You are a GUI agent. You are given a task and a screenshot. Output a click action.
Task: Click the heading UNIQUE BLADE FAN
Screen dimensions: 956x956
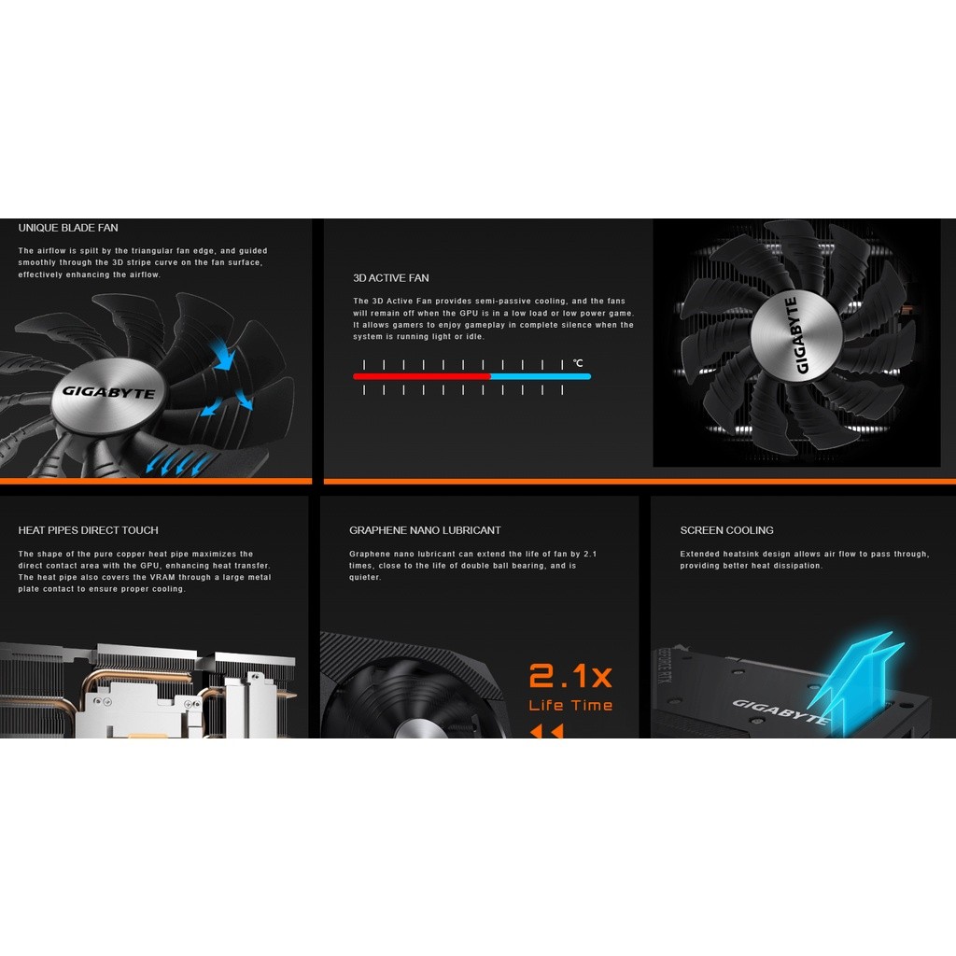pyautogui.click(x=68, y=228)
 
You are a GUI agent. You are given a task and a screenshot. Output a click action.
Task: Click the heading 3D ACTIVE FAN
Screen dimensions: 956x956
pyautogui.click(x=391, y=278)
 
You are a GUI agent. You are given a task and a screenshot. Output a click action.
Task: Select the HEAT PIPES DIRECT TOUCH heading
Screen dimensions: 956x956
pyautogui.click(x=89, y=530)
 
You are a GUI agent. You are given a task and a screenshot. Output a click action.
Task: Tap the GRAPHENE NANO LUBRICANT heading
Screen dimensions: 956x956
pyautogui.click(x=425, y=530)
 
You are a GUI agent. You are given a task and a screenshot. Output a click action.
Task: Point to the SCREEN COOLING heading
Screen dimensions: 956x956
pyautogui.click(x=726, y=530)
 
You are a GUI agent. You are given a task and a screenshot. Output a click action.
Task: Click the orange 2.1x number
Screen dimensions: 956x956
pyautogui.click(x=570, y=676)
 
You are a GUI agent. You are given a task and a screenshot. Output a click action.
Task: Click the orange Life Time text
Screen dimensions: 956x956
pyautogui.click(x=570, y=706)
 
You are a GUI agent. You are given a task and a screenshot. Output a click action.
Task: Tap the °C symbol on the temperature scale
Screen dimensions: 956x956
pyautogui.click(x=578, y=363)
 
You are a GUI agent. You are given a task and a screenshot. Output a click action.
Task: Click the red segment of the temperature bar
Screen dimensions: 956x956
pyautogui.click(x=422, y=377)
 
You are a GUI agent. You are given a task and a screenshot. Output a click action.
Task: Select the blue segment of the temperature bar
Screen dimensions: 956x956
pyautogui.click(x=541, y=377)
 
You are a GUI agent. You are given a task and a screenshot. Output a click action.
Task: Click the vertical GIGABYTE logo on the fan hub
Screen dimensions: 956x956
pyautogui.click(x=796, y=335)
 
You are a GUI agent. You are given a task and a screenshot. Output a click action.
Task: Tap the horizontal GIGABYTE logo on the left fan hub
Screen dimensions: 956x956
pyautogui.click(x=108, y=392)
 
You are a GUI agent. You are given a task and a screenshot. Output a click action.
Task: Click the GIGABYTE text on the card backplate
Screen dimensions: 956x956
pyautogui.click(x=780, y=711)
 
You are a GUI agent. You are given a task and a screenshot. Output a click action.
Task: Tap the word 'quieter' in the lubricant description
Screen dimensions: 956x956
pyautogui.click(x=365, y=577)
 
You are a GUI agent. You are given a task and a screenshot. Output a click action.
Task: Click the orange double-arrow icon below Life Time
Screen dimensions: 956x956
pyautogui.click(x=547, y=730)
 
